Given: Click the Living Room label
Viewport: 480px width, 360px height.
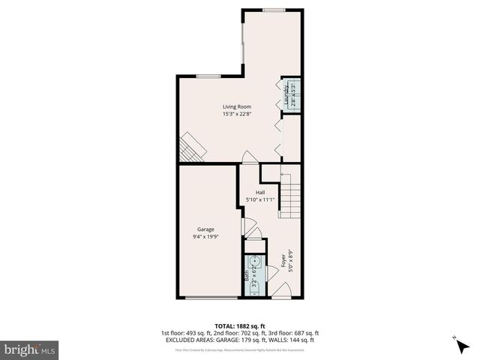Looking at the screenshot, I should click(x=236, y=107).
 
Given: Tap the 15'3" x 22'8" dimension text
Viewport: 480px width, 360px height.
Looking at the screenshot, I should click(x=236, y=115).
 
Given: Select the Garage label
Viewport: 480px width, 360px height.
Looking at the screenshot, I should click(x=205, y=229).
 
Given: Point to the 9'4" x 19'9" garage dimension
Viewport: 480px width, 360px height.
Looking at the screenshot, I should click(x=205, y=236).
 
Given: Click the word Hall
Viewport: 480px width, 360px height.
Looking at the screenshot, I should click(x=260, y=193).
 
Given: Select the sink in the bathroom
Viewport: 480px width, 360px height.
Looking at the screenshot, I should click(x=253, y=262).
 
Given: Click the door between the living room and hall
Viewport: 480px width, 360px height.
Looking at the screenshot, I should click(x=248, y=157).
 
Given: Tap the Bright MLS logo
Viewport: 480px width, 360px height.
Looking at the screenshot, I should click(x=30, y=349).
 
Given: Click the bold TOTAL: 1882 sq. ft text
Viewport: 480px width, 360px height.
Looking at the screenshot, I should click(x=240, y=326).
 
